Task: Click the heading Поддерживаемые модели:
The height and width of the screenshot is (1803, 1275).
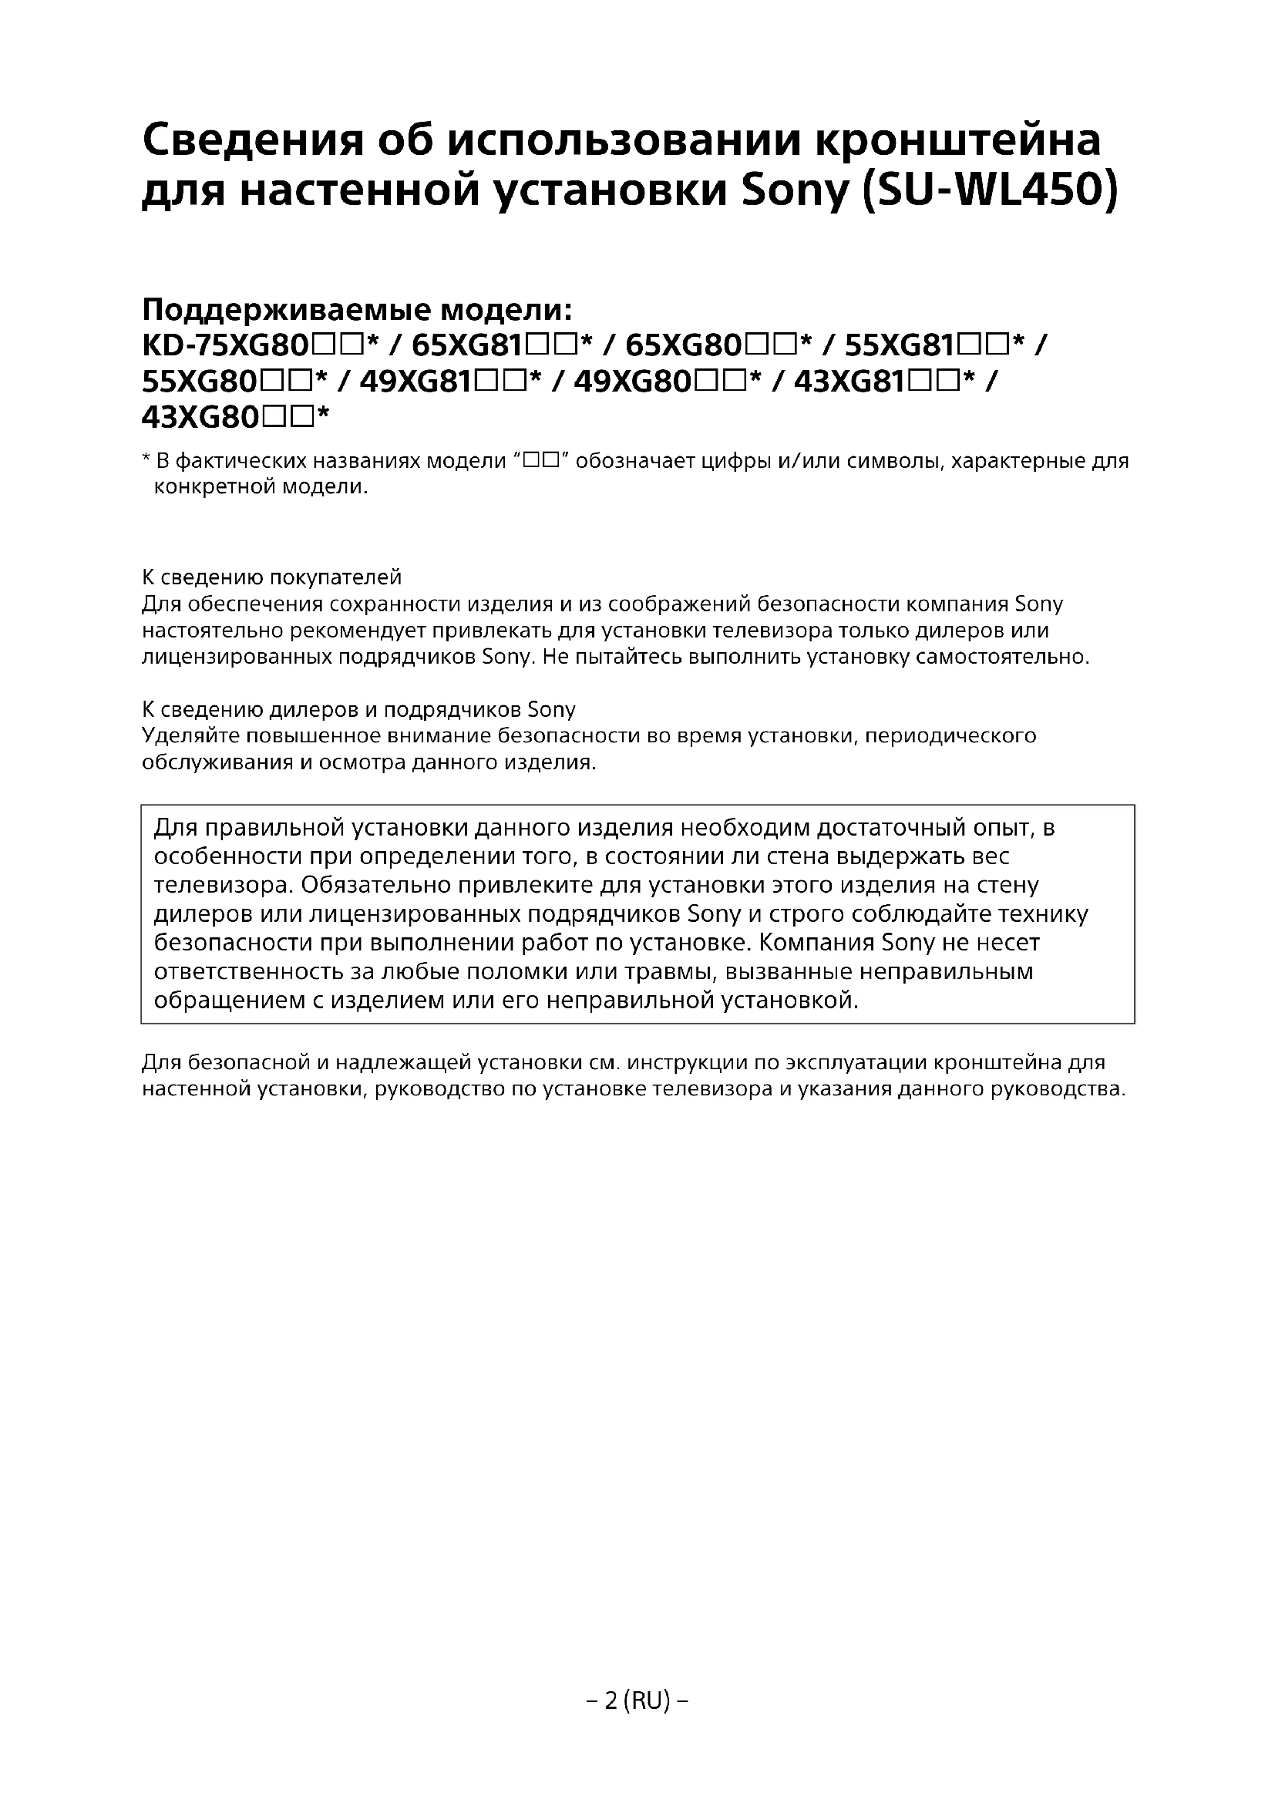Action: pyautogui.click(x=357, y=310)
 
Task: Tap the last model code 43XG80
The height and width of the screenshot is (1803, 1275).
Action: pyautogui.click(x=201, y=418)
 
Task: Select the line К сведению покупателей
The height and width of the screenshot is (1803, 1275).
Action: pyautogui.click(x=271, y=577)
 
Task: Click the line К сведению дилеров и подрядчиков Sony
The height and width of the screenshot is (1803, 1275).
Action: pyautogui.click(x=358, y=709)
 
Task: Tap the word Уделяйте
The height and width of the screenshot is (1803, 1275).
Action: pyautogui.click(x=190, y=736)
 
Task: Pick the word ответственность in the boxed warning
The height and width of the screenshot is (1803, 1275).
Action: pyautogui.click(x=263, y=971)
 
